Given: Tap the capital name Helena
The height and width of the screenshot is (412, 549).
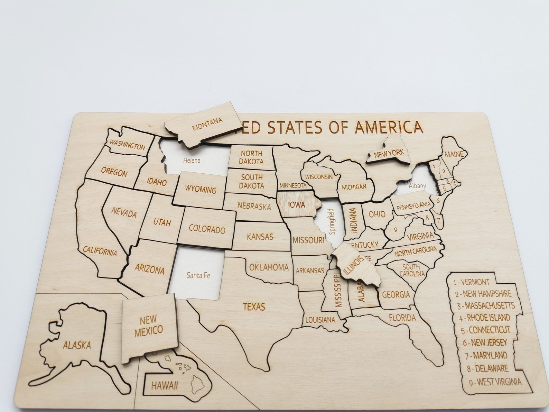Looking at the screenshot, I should [192, 161].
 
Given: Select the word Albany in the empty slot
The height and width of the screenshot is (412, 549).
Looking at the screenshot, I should [417, 186].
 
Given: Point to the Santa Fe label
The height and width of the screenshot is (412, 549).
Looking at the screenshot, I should [198, 275].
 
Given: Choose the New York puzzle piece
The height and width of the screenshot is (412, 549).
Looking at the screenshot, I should [389, 153].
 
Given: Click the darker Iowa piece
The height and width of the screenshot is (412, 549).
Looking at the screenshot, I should [297, 205].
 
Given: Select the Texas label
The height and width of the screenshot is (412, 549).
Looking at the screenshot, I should [254, 306].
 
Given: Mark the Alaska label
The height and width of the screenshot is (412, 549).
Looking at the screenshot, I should [77, 345].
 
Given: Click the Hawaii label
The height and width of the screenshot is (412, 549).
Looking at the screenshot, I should [164, 385].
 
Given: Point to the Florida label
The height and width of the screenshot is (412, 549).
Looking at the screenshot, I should [402, 317].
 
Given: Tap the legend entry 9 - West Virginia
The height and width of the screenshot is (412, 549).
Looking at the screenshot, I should [495, 382].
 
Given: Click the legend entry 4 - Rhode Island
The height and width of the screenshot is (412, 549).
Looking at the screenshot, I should [484, 318].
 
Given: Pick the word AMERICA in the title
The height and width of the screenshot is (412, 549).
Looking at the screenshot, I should [389, 127].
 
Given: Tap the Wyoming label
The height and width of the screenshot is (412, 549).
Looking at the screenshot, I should [201, 190].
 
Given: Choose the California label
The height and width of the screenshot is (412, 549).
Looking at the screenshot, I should [100, 251].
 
